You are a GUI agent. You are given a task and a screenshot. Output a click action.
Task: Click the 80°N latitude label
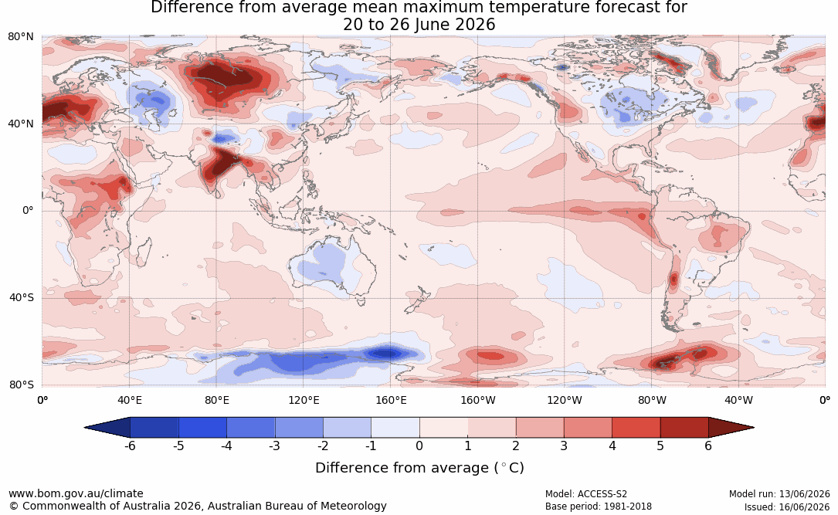[20, 37]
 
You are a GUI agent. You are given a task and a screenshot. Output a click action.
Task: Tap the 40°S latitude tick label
[22, 297]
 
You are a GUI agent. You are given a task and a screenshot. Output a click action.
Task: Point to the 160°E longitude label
[392, 400]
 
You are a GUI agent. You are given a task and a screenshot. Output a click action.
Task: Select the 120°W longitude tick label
[565, 400]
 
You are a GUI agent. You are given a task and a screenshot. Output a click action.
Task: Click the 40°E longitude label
[130, 400]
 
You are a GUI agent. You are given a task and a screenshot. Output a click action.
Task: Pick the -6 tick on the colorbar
[130, 446]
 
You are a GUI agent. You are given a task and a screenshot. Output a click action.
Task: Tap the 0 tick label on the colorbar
[419, 446]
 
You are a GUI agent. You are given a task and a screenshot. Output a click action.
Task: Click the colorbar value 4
[612, 446]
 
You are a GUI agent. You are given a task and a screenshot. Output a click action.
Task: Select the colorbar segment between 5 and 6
[684, 428]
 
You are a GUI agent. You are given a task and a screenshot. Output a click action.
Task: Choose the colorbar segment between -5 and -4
[202, 428]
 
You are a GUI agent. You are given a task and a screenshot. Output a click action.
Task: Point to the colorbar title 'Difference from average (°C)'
[419, 468]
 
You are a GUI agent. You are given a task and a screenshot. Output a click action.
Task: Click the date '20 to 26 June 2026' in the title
[419, 25]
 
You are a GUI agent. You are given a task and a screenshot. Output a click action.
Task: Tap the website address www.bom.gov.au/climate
[76, 493]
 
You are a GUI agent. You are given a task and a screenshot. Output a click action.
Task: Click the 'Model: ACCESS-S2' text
[586, 494]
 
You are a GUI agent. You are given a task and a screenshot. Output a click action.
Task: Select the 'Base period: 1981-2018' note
[599, 507]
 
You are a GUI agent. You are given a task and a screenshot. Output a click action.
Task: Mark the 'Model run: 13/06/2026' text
[779, 494]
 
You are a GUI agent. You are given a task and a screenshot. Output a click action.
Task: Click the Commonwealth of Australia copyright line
[198, 506]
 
